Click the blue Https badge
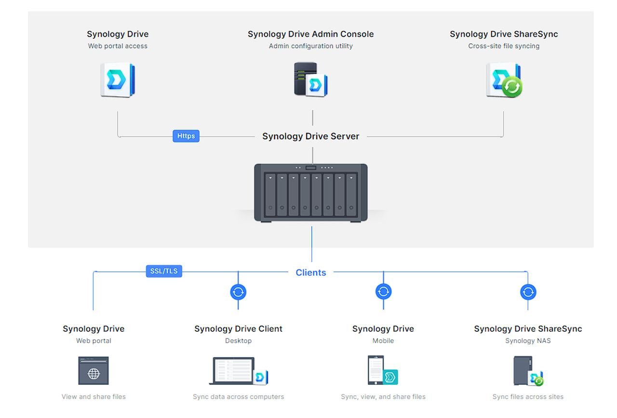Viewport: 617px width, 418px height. click(186, 136)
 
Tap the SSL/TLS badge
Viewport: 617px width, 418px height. click(164, 271)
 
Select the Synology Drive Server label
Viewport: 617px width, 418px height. click(310, 136)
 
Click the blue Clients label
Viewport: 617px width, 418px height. click(310, 272)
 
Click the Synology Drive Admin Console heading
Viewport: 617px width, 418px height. click(310, 34)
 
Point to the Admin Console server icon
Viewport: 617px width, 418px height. click(310, 80)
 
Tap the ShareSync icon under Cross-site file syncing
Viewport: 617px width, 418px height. click(504, 80)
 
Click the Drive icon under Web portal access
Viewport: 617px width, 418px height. click(118, 80)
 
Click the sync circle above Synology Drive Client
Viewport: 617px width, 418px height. click(238, 292)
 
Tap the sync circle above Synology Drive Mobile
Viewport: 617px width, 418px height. click(383, 292)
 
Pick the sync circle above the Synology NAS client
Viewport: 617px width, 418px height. click(528, 292)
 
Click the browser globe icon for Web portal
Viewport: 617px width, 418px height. click(94, 371)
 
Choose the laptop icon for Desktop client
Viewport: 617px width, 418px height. click(238, 371)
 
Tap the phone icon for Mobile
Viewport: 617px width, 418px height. click(383, 371)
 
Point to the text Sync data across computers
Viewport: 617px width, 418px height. click(238, 397)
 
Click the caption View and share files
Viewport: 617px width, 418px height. click(94, 397)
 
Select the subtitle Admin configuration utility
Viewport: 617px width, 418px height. click(310, 46)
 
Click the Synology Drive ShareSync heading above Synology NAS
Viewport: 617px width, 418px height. click(528, 329)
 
